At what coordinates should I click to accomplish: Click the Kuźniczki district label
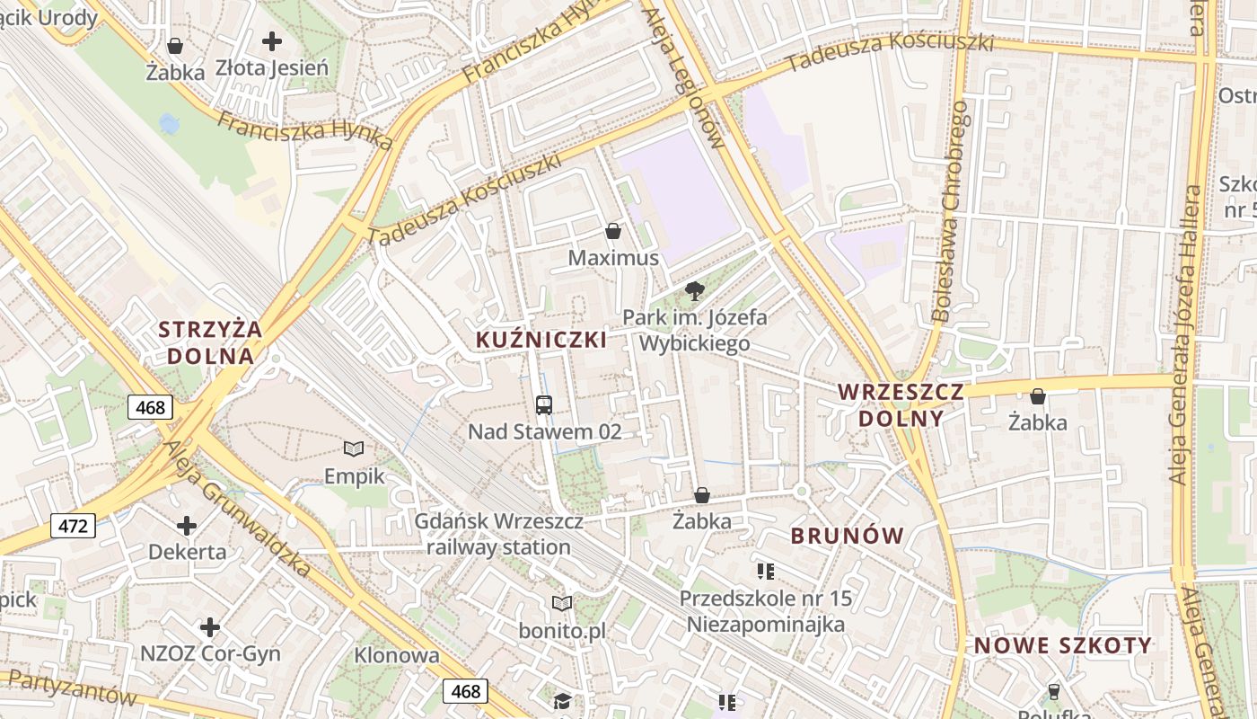pyautogui.click(x=541, y=340)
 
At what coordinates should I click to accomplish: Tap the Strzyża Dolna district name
pyautogui.click(x=211, y=342)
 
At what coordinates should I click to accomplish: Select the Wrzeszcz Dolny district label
pyautogui.click(x=901, y=404)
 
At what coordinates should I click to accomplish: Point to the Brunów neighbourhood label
pyautogui.click(x=847, y=536)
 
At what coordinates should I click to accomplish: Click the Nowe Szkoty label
pyautogui.click(x=1062, y=645)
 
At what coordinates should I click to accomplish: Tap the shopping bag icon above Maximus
pyautogui.click(x=613, y=232)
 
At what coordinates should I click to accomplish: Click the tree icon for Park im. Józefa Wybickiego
pyautogui.click(x=694, y=290)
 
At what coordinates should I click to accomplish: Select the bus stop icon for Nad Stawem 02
pyautogui.click(x=544, y=404)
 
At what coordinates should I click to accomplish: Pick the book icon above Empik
pyautogui.click(x=355, y=448)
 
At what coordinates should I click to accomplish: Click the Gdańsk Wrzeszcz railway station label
pyautogui.click(x=498, y=534)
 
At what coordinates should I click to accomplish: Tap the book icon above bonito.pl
pyautogui.click(x=562, y=603)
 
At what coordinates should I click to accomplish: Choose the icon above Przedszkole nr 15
pyautogui.click(x=766, y=571)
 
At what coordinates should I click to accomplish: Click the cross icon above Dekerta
pyautogui.click(x=187, y=525)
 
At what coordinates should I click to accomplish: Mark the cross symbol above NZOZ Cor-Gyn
pyautogui.click(x=210, y=626)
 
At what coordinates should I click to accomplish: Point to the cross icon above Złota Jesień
pyautogui.click(x=272, y=40)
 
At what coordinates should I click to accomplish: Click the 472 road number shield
pyautogui.click(x=73, y=525)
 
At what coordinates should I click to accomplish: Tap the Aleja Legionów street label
pyautogui.click(x=683, y=72)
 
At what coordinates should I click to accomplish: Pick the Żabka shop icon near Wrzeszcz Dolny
pyautogui.click(x=1038, y=395)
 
